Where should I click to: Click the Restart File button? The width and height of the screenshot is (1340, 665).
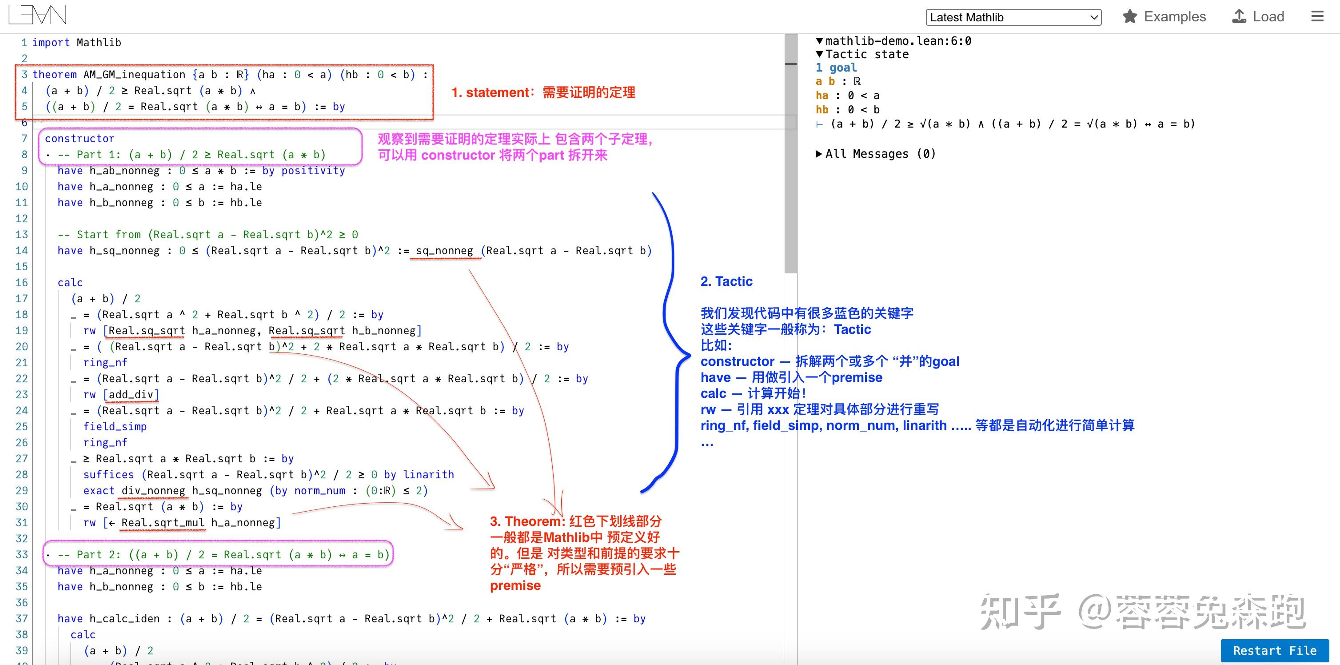(1274, 650)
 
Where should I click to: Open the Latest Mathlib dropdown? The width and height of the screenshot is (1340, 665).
(1013, 17)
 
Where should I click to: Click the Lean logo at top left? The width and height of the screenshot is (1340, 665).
(37, 16)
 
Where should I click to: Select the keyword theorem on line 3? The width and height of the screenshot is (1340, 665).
(54, 74)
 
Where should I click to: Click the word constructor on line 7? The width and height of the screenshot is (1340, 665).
(79, 138)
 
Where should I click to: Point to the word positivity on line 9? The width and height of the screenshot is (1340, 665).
(313, 171)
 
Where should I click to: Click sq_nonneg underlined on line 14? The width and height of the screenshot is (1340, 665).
(444, 251)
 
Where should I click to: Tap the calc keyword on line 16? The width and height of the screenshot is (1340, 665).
(70, 283)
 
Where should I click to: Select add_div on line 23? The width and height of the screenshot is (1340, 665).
(131, 394)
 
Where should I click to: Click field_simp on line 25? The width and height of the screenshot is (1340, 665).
(115, 427)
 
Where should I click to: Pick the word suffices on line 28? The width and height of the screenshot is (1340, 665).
(108, 475)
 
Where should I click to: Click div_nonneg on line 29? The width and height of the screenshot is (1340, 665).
(153, 491)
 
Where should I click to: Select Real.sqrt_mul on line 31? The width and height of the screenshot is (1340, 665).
(163, 522)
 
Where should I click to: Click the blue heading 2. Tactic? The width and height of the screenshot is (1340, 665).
(726, 281)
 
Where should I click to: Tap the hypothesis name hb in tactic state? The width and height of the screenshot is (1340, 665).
(822, 110)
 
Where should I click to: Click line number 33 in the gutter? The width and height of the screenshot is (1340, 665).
(22, 555)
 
